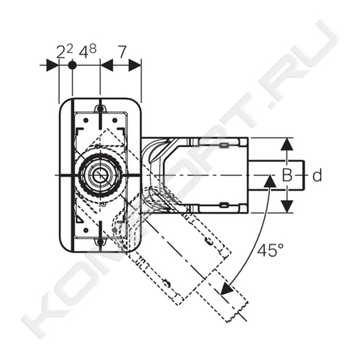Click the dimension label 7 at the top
coord(122,52)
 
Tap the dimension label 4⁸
coord(88,51)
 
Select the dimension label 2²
coord(65,51)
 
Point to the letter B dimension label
coord(287,175)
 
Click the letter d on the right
coord(317,175)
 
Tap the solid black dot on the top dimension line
coord(72,65)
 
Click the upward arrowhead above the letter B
coord(287,144)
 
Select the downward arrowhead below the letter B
coord(287,206)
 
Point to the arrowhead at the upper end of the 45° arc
coord(270,180)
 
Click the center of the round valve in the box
coord(100,175)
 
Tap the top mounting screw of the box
coord(100,108)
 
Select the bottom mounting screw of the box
coord(100,242)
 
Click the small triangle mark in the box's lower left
coord(80,220)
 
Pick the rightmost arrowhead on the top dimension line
coord(135,65)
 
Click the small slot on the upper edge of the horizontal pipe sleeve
coord(224,145)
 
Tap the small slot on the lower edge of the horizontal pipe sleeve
coord(224,205)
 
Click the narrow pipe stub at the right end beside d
coord(277,175)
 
